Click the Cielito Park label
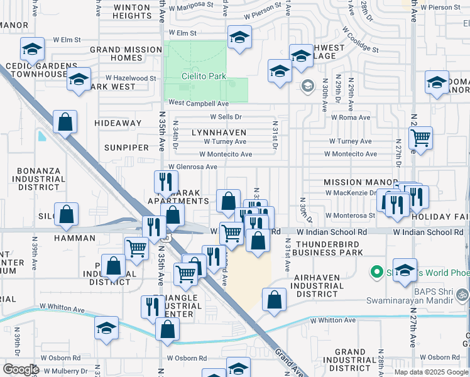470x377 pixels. click(x=204, y=76)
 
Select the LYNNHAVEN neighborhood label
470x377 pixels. click(x=219, y=133)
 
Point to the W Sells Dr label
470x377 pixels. click(x=226, y=117)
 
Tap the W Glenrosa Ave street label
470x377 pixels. click(x=192, y=167)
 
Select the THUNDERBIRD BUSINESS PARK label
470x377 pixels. click(x=329, y=248)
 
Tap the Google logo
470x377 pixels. click(x=21, y=369)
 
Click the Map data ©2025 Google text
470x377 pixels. click(x=431, y=372)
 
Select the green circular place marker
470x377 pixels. click(x=377, y=272)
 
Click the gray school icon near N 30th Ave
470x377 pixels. click(x=308, y=85)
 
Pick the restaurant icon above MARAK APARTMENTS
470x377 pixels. click(x=165, y=182)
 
